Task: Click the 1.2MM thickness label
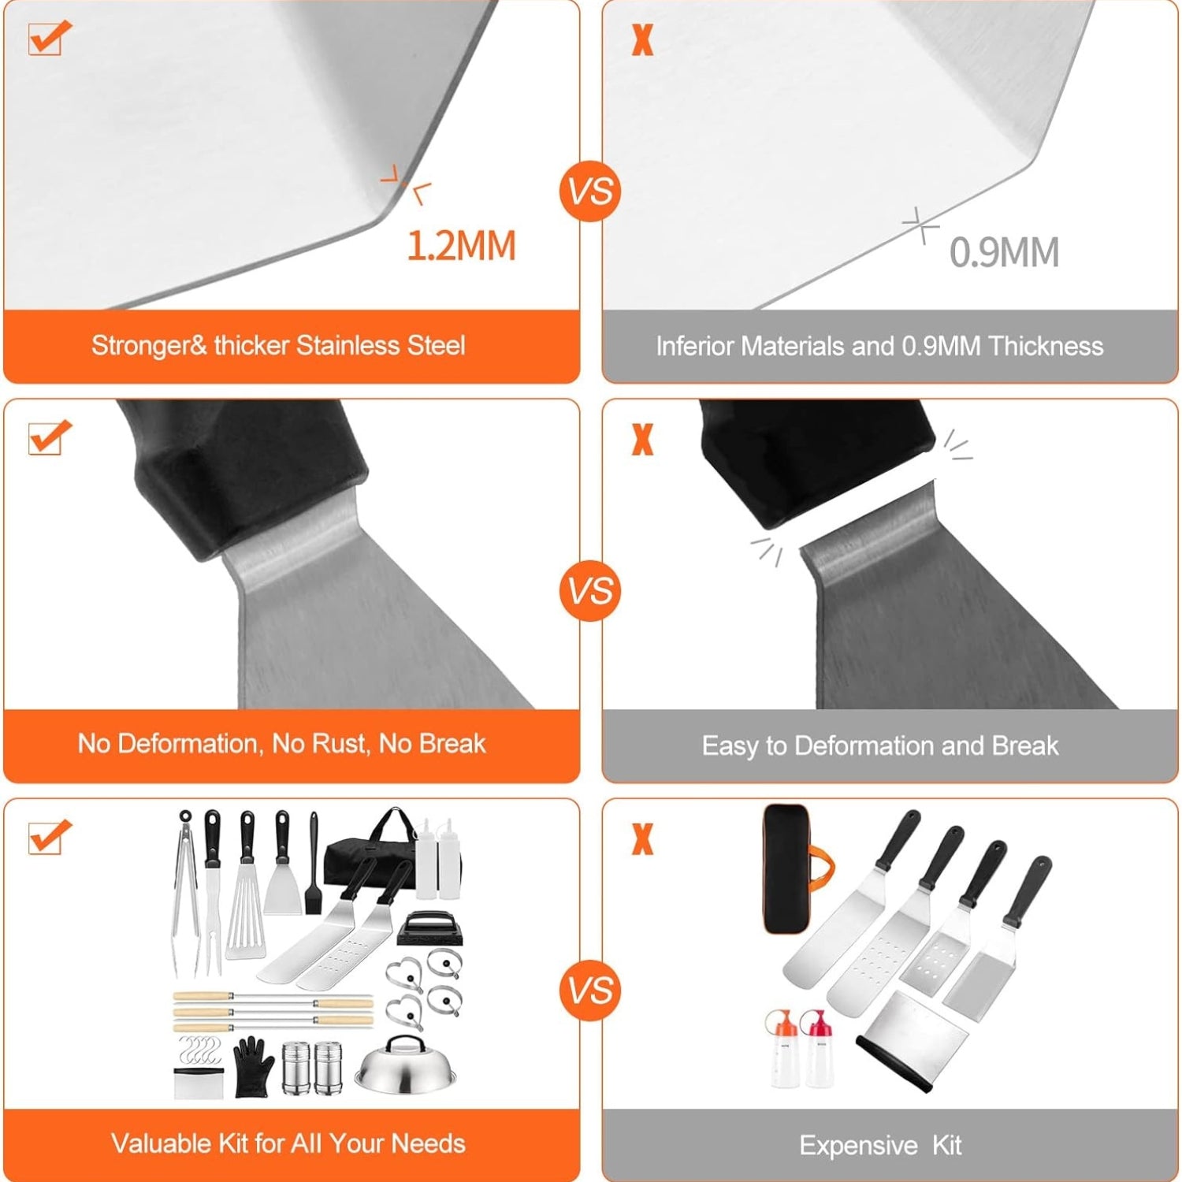461,245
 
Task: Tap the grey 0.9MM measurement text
1004,253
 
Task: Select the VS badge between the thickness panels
591,191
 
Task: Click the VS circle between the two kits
591,991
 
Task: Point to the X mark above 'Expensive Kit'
643,839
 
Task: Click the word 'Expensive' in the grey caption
858,1145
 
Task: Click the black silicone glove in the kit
254,1067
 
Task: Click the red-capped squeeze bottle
816,1049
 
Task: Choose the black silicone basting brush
313,863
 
